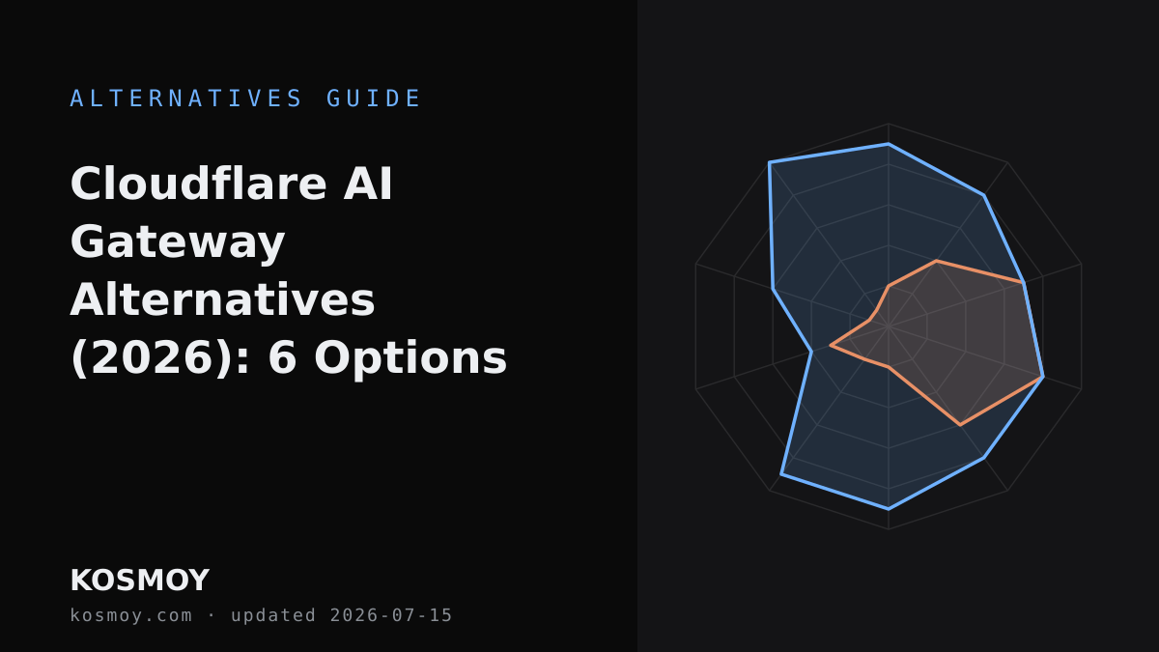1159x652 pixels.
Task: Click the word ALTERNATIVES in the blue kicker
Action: (185, 99)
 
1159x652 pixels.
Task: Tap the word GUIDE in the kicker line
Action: (373, 99)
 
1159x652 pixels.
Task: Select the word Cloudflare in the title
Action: (199, 184)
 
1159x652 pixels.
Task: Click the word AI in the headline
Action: (368, 184)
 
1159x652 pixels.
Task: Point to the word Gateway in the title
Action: (178, 242)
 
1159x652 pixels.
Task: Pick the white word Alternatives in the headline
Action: (222, 300)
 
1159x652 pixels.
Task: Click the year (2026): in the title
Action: (160, 358)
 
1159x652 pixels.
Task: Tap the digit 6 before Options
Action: (282, 358)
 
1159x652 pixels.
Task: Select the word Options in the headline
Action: (410, 358)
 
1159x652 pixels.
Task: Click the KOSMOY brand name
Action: (140, 581)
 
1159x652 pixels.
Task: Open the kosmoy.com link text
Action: (131, 615)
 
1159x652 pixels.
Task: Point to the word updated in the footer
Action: (273, 616)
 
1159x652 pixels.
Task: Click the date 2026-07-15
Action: (391, 615)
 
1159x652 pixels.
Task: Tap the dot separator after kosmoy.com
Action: (212, 616)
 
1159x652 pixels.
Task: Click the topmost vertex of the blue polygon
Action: (889, 143)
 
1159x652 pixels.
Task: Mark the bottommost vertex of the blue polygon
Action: (889, 510)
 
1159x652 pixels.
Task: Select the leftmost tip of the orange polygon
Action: (831, 345)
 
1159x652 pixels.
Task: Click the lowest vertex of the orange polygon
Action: (960, 425)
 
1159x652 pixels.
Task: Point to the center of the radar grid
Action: (889, 326)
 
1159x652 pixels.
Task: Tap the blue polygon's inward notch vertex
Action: (811, 352)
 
